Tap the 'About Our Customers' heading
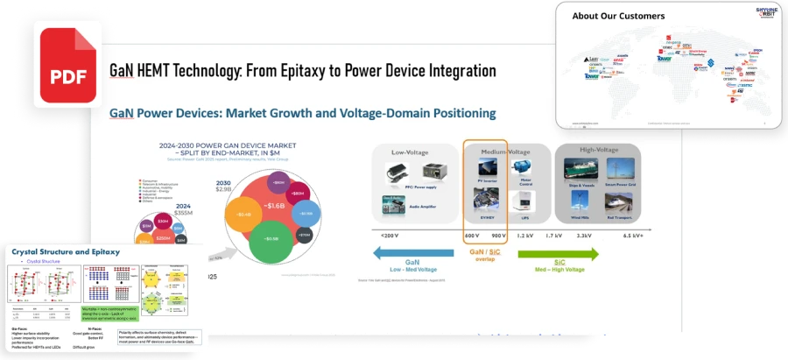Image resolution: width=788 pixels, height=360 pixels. [618, 16]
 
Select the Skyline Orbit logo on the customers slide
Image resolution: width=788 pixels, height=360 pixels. [766, 15]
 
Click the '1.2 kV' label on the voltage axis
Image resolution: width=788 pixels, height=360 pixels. [524, 236]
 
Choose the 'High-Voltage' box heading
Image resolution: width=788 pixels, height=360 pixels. [599, 151]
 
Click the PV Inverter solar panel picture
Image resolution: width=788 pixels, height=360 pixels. [487, 167]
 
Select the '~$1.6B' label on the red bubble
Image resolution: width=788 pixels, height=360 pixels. [275, 205]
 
